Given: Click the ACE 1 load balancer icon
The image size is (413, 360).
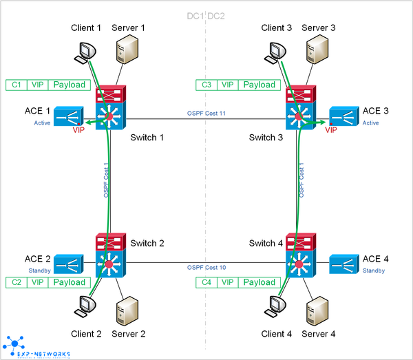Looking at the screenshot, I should point(68,116).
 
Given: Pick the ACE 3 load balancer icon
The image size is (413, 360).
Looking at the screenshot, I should point(344,116).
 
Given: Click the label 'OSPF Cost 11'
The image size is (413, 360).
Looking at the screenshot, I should point(206,112).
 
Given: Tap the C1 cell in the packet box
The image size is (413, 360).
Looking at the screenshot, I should point(16,85).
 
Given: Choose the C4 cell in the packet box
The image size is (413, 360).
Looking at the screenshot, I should point(206,282).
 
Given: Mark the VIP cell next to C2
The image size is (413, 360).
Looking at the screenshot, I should point(38,282).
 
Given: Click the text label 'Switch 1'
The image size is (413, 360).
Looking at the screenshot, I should point(147,138).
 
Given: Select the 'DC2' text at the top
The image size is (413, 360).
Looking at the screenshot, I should point(218,15).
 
